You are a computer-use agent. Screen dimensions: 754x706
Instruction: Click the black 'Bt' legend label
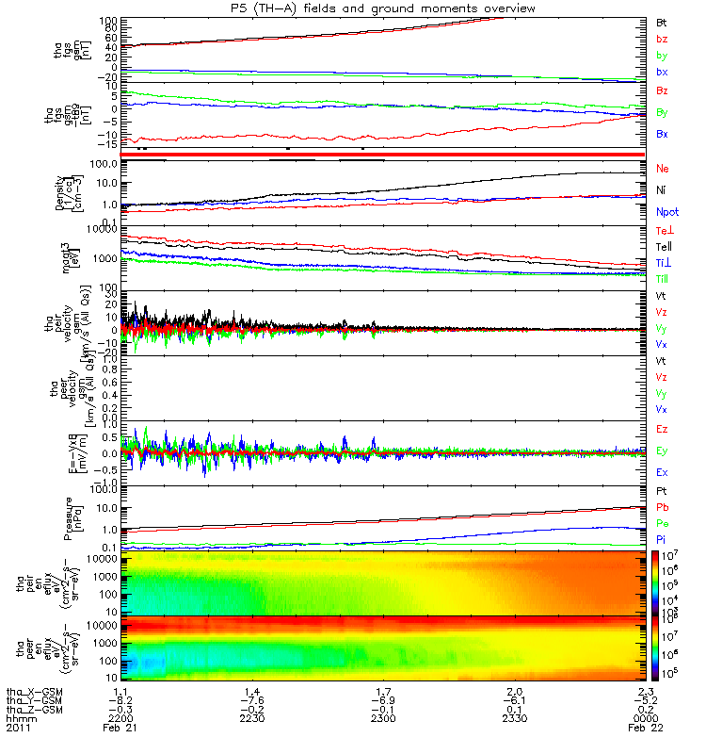662,22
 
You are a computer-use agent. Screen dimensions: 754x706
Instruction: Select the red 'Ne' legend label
663,167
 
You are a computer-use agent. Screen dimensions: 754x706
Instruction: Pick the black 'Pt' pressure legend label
662,492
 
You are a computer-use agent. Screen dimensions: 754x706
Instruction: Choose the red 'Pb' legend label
663,508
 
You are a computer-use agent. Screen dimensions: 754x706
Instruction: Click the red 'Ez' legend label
663,430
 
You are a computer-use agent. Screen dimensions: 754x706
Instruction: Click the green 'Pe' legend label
663,523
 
